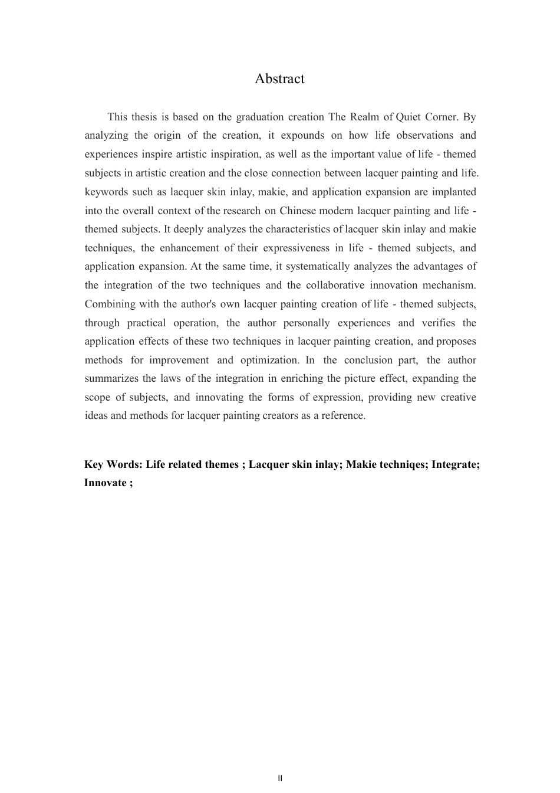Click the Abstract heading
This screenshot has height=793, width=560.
click(279, 79)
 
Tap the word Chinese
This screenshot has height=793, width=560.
click(299, 211)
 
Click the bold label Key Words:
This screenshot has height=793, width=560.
click(113, 465)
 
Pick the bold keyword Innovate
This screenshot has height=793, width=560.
click(105, 483)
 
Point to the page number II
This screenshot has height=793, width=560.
click(280, 778)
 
